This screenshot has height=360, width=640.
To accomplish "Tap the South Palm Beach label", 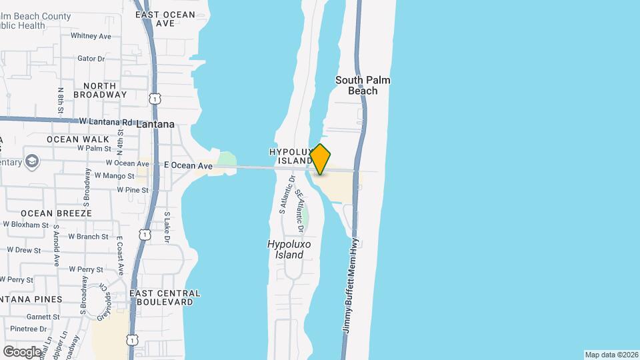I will [363, 85].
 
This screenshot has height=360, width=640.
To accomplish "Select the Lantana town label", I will [155, 124].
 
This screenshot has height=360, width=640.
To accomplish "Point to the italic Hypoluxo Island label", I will [289, 249].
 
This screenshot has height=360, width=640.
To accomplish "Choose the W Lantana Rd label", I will [106, 122].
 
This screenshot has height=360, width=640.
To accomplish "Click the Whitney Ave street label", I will [91, 36].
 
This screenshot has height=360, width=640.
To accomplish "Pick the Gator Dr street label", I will [91, 59].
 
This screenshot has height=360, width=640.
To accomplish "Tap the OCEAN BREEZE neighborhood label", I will [56, 213].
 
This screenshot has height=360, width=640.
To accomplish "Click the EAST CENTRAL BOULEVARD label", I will [165, 297].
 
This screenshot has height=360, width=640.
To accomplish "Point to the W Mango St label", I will [115, 175].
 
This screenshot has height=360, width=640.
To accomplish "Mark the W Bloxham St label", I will [25, 225].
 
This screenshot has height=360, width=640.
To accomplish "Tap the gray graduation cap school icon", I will [31, 162].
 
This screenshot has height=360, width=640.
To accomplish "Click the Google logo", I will [22, 351].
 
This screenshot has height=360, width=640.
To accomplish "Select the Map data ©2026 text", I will [611, 355].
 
